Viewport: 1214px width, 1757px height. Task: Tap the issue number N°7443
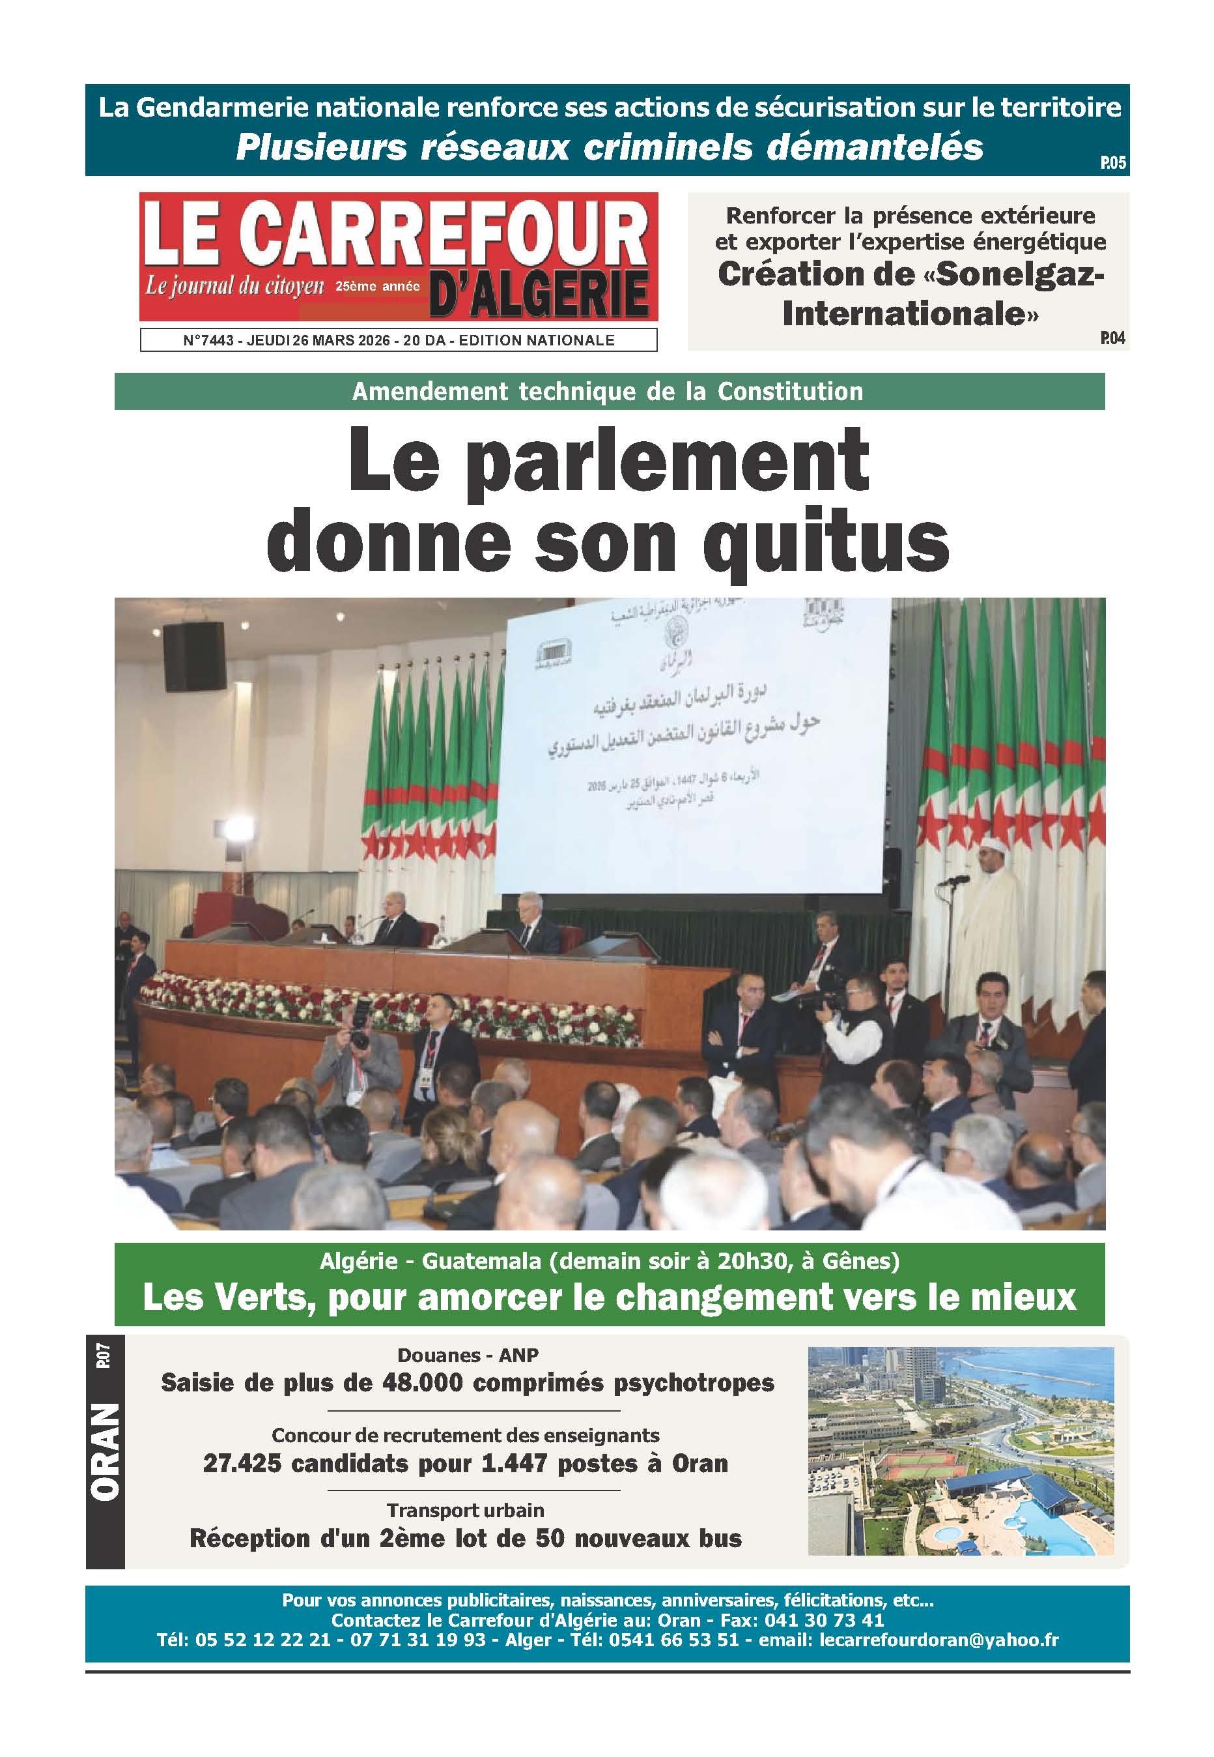208,340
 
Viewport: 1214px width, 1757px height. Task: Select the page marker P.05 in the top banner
1112,163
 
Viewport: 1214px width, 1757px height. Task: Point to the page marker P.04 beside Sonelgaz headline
1112,338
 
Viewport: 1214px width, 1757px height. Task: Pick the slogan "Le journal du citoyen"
234,286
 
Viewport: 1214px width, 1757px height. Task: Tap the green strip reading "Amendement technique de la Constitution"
608,391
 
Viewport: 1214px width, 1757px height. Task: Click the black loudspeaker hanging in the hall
194,656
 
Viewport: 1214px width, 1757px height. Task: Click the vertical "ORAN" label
105,1452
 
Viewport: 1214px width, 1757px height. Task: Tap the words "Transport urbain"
465,1510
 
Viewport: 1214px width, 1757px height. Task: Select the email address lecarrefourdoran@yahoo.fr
939,1639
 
